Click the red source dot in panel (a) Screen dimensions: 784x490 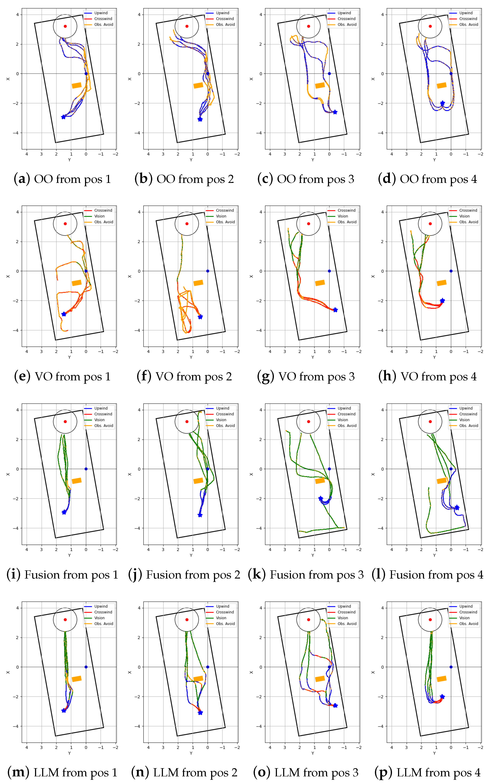tap(65, 26)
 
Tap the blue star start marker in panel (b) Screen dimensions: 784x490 tap(200, 119)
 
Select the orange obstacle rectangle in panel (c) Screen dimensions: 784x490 tap(320, 85)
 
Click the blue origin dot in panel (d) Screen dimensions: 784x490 tap(451, 74)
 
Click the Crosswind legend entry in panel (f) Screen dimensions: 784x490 tap(225, 210)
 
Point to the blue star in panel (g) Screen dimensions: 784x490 tap(335, 310)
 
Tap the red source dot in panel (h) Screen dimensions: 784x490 tap(430, 224)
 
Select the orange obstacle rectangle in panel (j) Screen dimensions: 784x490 tap(198, 481)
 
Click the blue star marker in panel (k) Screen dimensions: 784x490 tap(321, 499)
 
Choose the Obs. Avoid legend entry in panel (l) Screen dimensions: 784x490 tap(468, 426)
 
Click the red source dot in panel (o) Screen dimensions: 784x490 tap(309, 620)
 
